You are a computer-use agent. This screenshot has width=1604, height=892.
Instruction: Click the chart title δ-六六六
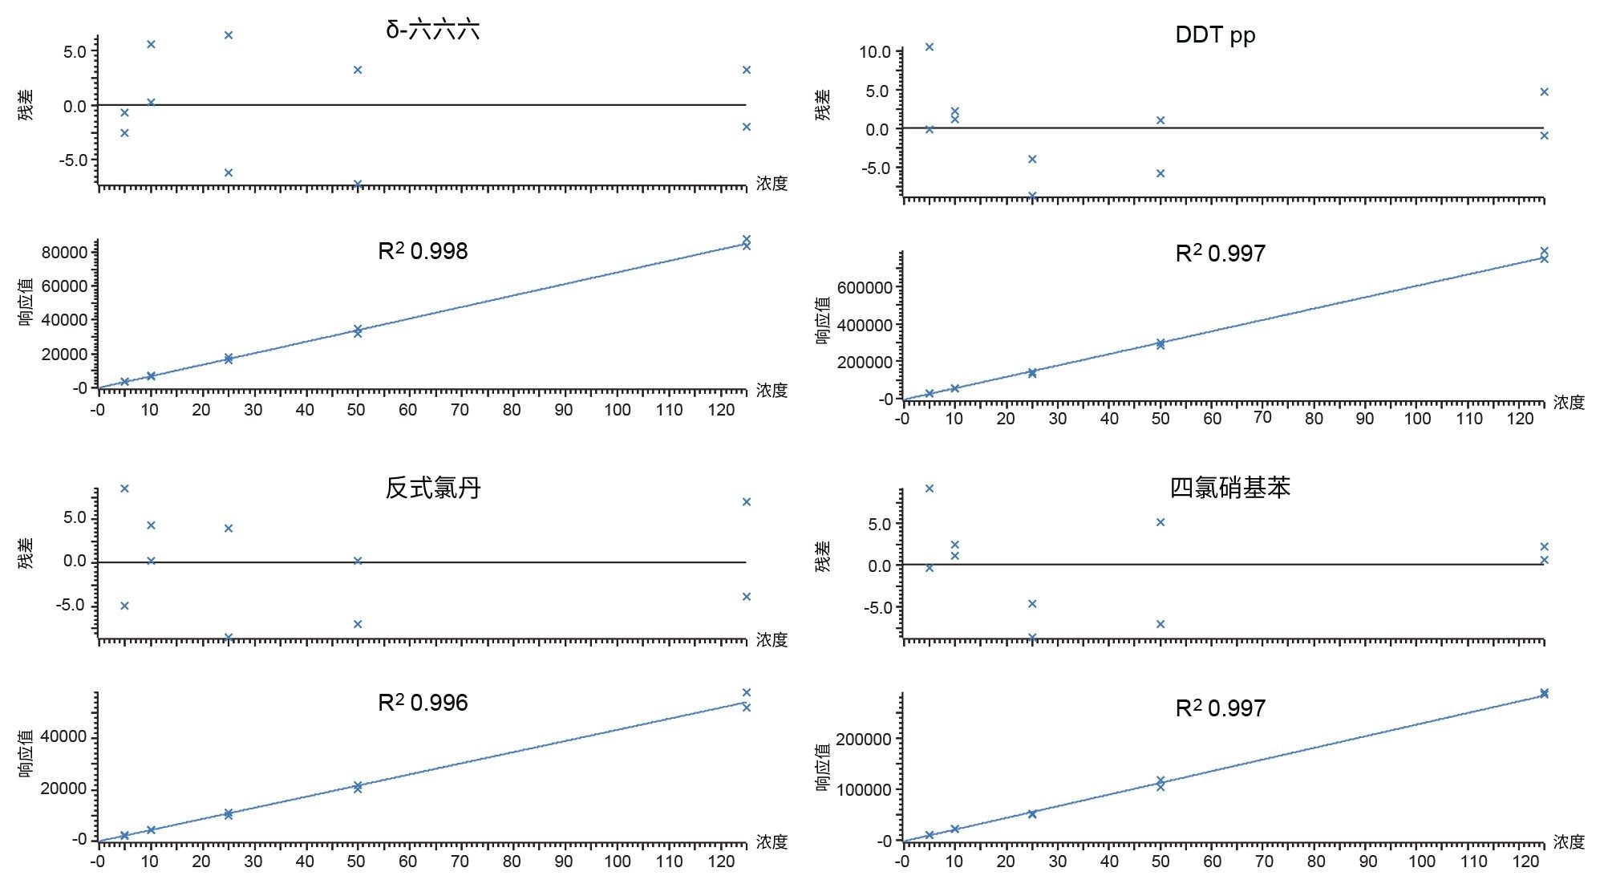[432, 30]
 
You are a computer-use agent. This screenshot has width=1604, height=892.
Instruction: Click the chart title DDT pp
[1215, 34]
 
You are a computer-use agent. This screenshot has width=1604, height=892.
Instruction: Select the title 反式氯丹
[432, 488]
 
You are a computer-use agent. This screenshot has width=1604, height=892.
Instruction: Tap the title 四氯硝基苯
[1229, 488]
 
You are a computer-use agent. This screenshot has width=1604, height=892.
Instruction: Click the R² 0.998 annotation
[423, 251]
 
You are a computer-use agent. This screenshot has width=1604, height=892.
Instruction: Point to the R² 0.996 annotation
[423, 703]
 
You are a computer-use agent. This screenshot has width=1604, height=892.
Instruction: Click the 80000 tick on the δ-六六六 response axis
[63, 252]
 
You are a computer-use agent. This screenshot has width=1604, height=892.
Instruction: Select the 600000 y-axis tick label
[864, 287]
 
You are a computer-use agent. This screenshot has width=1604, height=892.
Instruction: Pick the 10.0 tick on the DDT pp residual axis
[874, 52]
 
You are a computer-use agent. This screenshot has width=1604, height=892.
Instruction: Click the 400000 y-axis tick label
[864, 325]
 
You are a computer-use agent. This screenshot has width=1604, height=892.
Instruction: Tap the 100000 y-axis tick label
[864, 789]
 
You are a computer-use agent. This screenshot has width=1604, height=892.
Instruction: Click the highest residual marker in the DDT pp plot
[930, 47]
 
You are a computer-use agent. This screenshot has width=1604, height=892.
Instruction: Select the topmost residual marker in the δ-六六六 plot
[229, 35]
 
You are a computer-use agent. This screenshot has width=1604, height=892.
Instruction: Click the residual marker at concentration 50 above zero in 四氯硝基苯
[1160, 522]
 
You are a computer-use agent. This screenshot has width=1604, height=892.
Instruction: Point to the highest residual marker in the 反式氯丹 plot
[124, 489]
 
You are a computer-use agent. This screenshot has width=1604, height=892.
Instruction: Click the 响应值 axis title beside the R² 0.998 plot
[26, 302]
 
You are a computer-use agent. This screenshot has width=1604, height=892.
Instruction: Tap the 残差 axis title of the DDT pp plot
[823, 105]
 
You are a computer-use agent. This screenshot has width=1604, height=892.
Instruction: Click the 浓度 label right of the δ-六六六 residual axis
[772, 183]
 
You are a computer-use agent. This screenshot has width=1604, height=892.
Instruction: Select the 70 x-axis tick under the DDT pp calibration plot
[1262, 417]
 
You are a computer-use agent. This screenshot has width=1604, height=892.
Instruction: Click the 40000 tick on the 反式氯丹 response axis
[63, 736]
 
